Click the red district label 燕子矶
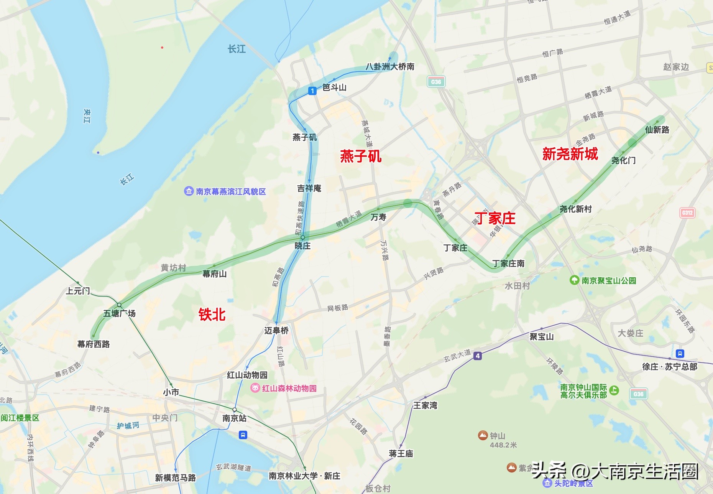pos(360,156)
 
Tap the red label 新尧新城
pos(570,154)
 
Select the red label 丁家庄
pos(495,218)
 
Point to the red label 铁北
pos(212,315)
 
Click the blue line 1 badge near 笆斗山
pos(312,91)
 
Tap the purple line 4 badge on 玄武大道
pos(477,356)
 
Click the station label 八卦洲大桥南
pos(389,67)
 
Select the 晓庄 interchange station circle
pos(302,238)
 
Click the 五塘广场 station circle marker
pos(119,305)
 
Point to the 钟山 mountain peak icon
pos(483,435)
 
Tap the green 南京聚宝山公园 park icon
pos(574,280)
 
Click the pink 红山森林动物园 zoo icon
pos(255,388)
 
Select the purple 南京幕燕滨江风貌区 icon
pos(189,191)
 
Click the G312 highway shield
pos(687,213)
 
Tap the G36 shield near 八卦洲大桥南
pos(436,82)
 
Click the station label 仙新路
pos(657,130)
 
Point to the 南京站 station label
pos(234,418)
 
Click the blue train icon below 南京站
pos(243,435)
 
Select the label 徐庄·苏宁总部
pos(669,367)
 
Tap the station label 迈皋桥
pos(276,330)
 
